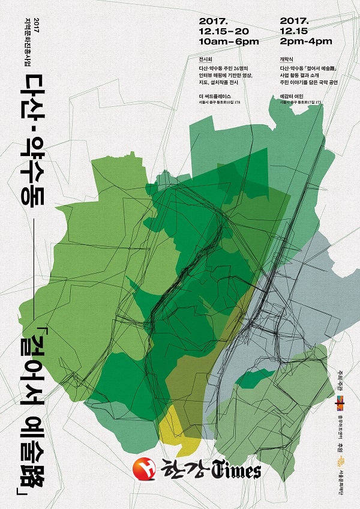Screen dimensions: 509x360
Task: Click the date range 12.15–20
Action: point(226,31)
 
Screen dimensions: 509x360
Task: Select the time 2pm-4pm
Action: point(306,41)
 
